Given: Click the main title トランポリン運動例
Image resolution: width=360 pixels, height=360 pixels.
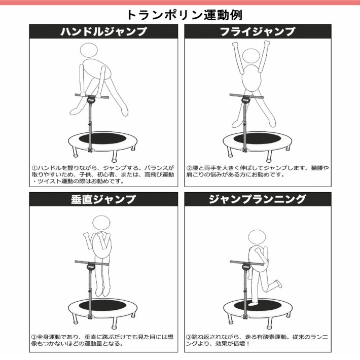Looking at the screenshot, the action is (185, 15).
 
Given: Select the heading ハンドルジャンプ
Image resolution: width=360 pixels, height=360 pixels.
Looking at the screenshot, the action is (103, 31).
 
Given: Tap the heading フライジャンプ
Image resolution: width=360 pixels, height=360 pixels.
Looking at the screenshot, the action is (258, 31).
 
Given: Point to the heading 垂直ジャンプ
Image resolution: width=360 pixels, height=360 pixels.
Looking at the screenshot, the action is (103, 199).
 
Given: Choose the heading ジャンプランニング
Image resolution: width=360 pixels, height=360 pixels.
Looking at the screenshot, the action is (258, 199).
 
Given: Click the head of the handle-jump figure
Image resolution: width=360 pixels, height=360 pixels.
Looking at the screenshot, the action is (89, 51).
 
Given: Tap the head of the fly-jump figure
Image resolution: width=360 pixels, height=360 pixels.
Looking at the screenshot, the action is (251, 56).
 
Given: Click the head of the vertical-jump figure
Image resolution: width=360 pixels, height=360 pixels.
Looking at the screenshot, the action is (101, 223).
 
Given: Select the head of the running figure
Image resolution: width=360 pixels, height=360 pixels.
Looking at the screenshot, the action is (257, 237).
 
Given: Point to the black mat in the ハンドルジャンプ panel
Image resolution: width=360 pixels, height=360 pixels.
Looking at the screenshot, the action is (102, 138).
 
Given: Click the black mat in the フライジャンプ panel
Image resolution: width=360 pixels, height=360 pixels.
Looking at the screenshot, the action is (258, 138).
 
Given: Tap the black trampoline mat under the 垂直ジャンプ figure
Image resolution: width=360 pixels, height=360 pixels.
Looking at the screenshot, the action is (102, 305).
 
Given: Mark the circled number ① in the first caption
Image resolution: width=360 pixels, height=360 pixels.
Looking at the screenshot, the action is (34, 168).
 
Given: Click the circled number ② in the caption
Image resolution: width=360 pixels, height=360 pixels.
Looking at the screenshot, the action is (189, 168).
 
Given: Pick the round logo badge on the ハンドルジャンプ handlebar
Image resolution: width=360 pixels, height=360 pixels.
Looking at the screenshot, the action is (91, 100).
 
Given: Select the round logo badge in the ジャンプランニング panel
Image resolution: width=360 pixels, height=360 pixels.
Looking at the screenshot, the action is (246, 267).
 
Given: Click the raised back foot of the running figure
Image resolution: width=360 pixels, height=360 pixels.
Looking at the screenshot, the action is (278, 283).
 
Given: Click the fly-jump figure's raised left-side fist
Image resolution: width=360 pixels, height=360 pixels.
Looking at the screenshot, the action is (235, 45).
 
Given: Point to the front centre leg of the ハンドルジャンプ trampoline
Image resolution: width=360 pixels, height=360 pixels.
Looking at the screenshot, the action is (114, 158).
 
